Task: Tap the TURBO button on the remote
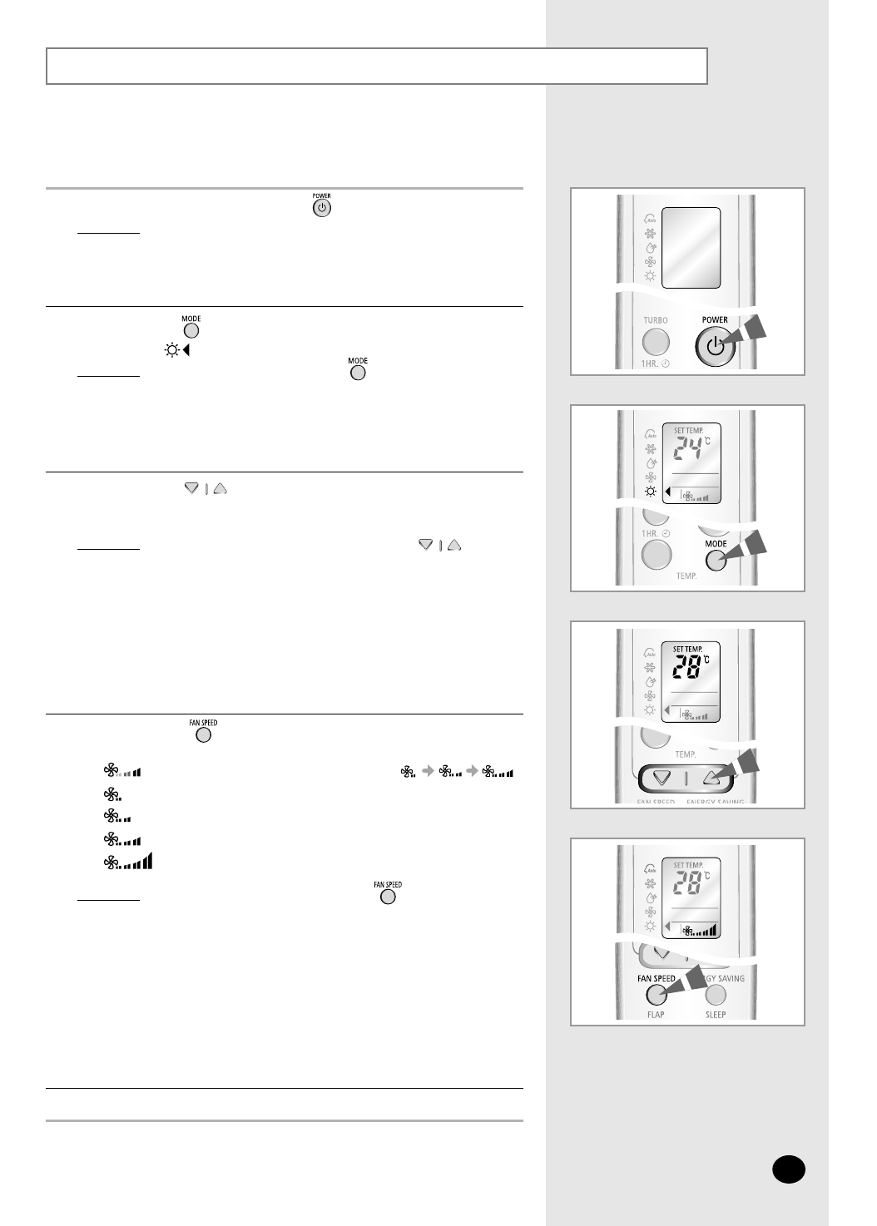click(656, 342)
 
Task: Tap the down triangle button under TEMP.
click(662, 779)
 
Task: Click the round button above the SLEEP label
click(716, 995)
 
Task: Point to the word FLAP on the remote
click(656, 1015)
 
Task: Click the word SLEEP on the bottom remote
click(716, 1015)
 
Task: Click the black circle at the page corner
click(788, 1169)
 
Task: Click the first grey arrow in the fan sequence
click(428, 772)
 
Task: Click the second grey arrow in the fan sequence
click(472, 772)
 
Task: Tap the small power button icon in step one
click(321, 208)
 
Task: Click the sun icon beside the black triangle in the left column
click(171, 350)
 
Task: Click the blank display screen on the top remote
click(691, 248)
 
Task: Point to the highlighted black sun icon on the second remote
click(651, 492)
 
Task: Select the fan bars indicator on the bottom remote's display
click(701, 931)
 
